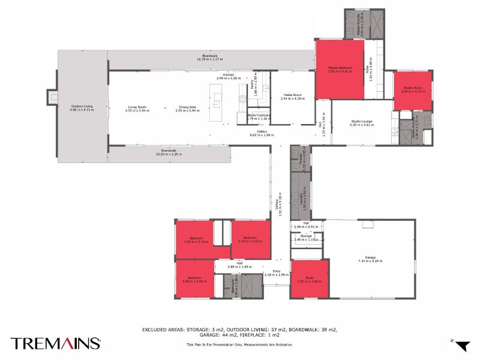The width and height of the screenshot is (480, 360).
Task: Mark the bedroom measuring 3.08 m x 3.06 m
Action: click(194, 278)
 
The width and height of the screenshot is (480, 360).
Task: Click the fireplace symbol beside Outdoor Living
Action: click(53, 97)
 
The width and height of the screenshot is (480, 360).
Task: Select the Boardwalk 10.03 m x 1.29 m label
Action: click(169, 152)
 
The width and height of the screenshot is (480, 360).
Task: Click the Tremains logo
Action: click(55, 343)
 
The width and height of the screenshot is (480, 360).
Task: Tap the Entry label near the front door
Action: click(277, 272)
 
